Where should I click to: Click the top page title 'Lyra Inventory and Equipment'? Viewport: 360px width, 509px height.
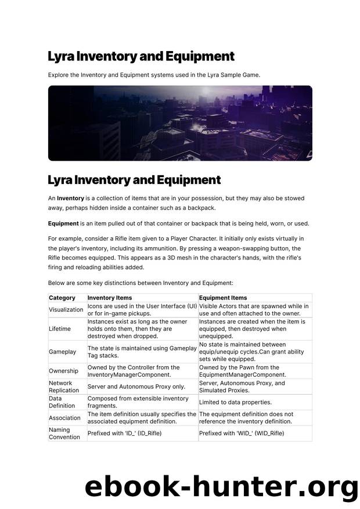[x=141, y=56]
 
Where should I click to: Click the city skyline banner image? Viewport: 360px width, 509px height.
[x=180, y=123]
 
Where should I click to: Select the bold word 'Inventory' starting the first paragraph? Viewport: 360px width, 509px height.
[x=70, y=198]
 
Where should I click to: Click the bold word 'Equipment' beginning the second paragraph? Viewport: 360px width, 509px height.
[x=63, y=223]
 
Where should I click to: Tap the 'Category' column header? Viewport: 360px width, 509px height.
[x=62, y=298]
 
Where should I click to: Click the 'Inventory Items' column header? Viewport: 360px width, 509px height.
[x=109, y=298]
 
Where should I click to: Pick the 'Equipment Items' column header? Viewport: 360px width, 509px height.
[x=223, y=298]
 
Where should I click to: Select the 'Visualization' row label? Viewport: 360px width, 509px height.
[x=66, y=310]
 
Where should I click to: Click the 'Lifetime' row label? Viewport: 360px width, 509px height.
[x=60, y=329]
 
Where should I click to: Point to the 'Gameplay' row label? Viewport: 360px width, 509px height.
[x=63, y=352]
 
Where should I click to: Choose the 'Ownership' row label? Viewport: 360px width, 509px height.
[x=64, y=371]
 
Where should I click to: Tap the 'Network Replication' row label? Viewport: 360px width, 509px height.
[x=64, y=387]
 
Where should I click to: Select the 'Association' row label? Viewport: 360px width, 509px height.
[x=65, y=418]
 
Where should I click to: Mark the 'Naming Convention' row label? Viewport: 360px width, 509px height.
[x=64, y=434]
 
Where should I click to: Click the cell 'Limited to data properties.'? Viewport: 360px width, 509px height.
[x=235, y=402]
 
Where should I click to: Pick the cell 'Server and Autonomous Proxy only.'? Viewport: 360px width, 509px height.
[x=136, y=387]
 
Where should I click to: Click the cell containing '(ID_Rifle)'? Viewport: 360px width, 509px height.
[x=124, y=434]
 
